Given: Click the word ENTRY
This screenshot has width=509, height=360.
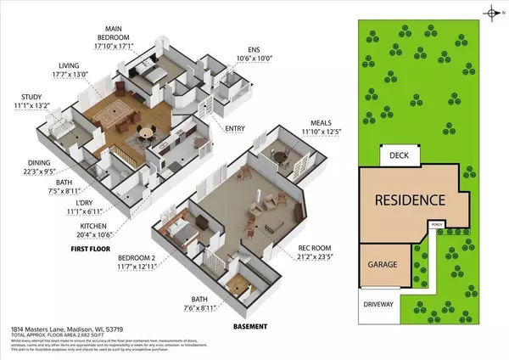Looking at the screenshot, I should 236,129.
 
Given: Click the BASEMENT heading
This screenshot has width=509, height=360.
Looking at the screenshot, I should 249,327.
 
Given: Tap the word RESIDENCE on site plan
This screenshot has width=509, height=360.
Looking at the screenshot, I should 411,201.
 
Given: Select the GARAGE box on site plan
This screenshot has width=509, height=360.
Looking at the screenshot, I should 382,264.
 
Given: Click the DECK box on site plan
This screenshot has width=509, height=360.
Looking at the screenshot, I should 400,156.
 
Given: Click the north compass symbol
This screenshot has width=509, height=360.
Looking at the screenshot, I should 491,12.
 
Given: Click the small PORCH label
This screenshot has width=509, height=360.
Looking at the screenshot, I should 437,226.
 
